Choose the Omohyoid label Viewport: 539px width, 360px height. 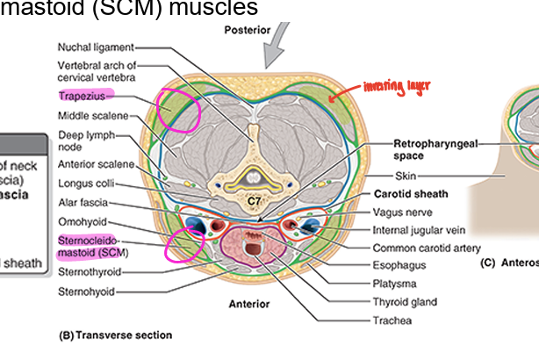click(82, 220)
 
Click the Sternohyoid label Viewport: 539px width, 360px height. click(89, 289)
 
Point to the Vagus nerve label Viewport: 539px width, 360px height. click(406, 212)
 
